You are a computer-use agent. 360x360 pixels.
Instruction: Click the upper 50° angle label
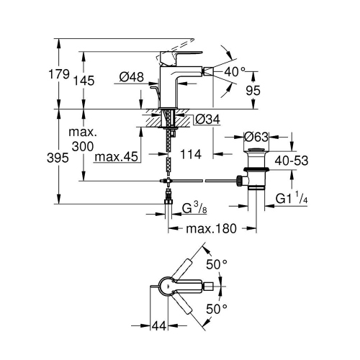pyautogui.click(x=217, y=264)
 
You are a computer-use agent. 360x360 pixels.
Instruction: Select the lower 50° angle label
pyautogui.click(x=217, y=308)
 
